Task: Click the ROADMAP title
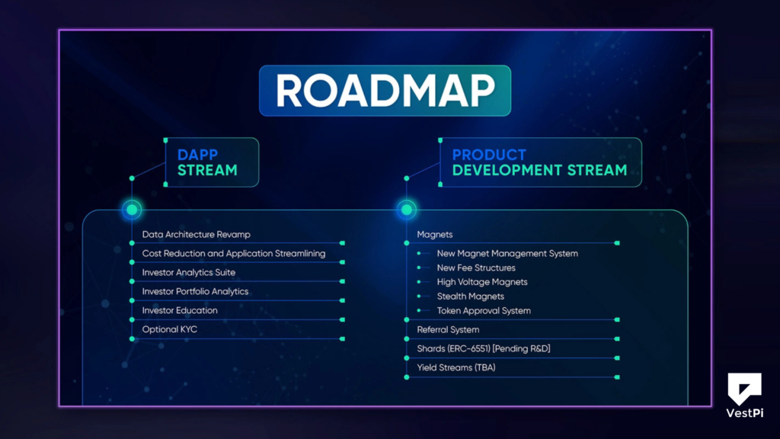pos(385,91)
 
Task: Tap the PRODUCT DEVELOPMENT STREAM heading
pos(539,162)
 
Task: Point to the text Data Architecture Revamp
pos(196,235)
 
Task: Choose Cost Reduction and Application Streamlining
pos(234,254)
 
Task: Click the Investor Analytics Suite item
pos(189,273)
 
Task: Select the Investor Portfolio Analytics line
pos(195,292)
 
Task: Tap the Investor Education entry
pos(180,311)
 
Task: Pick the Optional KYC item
pos(169,330)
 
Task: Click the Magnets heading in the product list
pos(435,235)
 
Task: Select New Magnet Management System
pos(507,254)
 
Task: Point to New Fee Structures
pos(476,268)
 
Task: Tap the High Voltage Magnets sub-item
pos(482,282)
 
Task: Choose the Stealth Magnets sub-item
pos(471,296)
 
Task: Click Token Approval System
pos(484,311)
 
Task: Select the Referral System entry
pos(448,330)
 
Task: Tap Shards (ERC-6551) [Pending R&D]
pos(484,349)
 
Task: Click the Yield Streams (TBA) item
pos(457,368)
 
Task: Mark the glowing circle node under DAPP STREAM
pos(132,209)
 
